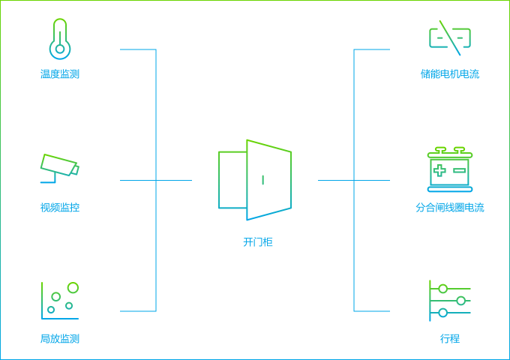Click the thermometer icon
click(60, 39)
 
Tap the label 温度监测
click(60, 74)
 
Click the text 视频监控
click(60, 208)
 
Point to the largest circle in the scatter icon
click(73, 288)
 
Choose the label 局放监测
click(60, 339)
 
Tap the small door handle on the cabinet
click(262, 179)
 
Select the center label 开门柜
click(258, 242)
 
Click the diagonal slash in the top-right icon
click(450, 37)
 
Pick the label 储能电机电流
click(450, 74)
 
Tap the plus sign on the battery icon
click(439, 171)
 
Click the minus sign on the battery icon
click(460, 171)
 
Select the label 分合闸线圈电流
click(450, 208)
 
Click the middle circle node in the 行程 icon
click(460, 301)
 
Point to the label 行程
click(450, 339)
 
